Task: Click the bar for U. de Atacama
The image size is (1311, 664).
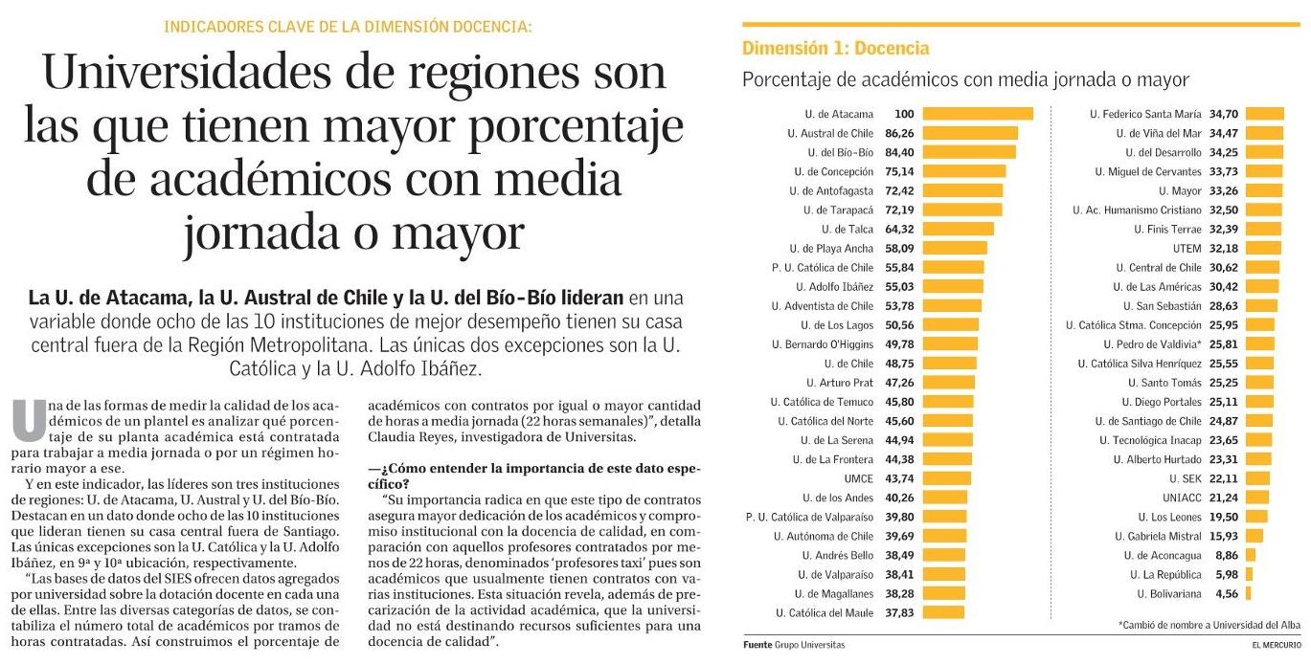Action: click(x=978, y=114)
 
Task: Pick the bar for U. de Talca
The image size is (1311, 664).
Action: click(x=958, y=229)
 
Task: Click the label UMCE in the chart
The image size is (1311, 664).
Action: click(x=858, y=478)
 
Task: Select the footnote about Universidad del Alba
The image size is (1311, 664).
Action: click(x=1209, y=625)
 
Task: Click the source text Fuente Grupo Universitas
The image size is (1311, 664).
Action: click(x=794, y=645)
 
